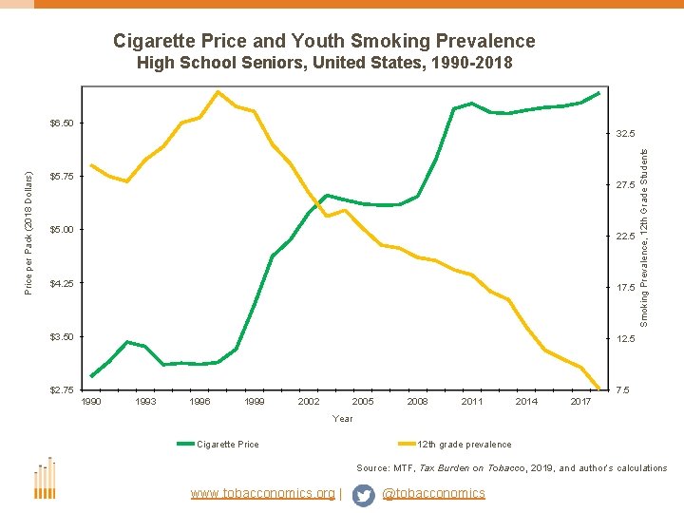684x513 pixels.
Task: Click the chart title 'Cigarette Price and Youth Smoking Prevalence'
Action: pyautogui.click(x=324, y=41)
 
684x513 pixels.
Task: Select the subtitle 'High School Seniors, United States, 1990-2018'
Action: pyautogui.click(x=324, y=65)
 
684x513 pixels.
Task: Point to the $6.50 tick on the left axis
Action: pyautogui.click(x=67, y=123)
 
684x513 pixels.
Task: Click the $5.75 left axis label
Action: pyautogui.click(x=67, y=177)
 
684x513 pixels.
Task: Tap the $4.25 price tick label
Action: pyautogui.click(x=67, y=283)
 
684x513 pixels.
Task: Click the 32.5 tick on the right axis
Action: pyautogui.click(x=625, y=134)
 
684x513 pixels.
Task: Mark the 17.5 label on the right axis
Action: pyautogui.click(x=625, y=288)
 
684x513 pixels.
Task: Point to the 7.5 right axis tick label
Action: pyautogui.click(x=622, y=390)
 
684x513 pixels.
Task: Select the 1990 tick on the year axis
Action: pyautogui.click(x=91, y=403)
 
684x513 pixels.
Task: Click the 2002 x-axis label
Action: pyautogui.click(x=309, y=403)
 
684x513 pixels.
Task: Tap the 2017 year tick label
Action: pyautogui.click(x=580, y=403)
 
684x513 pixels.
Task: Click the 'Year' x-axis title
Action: pyautogui.click(x=343, y=419)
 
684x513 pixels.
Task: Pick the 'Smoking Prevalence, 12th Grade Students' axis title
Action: pyautogui.click(x=644, y=229)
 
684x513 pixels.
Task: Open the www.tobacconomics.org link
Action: pyautogui.click(x=263, y=493)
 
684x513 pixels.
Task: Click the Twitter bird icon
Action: pyautogui.click(x=363, y=494)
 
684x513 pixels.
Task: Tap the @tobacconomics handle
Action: pyautogui.click(x=433, y=493)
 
